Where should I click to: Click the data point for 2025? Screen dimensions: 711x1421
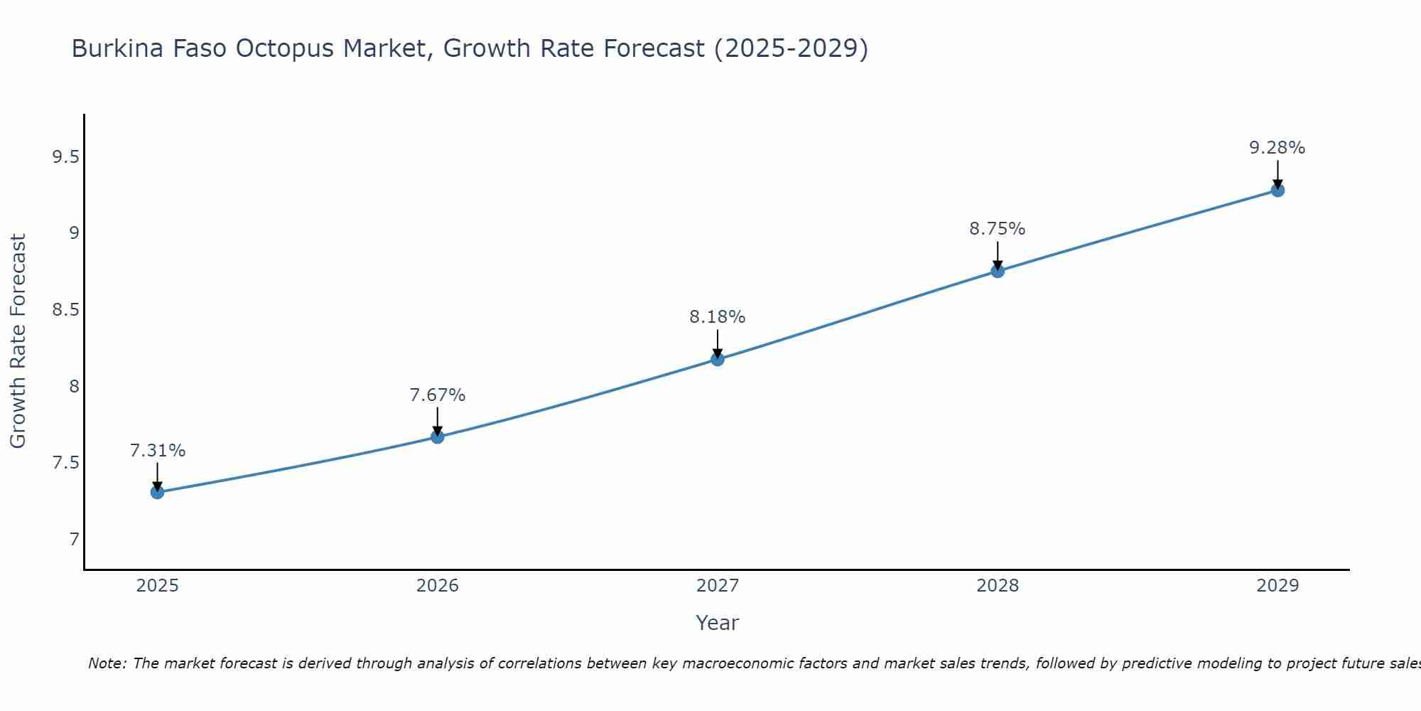(157, 492)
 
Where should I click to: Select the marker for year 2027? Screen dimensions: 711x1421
(718, 359)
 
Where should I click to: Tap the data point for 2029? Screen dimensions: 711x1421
(1277, 190)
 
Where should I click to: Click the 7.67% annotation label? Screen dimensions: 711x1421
(438, 395)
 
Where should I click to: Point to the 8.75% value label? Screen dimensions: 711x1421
(998, 229)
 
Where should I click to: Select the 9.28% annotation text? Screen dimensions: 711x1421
(1277, 148)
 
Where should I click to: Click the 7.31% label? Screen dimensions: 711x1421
(158, 451)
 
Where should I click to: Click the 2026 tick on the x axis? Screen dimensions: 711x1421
(438, 586)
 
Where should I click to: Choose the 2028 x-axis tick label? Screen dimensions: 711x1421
(998, 586)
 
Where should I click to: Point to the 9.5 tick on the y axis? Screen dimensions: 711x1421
(65, 156)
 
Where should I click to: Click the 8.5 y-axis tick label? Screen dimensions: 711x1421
(65, 310)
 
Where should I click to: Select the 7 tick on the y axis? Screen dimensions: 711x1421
(74, 540)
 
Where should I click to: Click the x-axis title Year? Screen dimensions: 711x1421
(718, 623)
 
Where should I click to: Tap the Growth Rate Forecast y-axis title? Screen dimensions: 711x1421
(18, 341)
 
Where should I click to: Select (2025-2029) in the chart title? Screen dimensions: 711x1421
(791, 48)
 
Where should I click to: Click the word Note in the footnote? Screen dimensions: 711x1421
(107, 663)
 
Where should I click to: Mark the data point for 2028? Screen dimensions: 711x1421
(998, 271)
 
